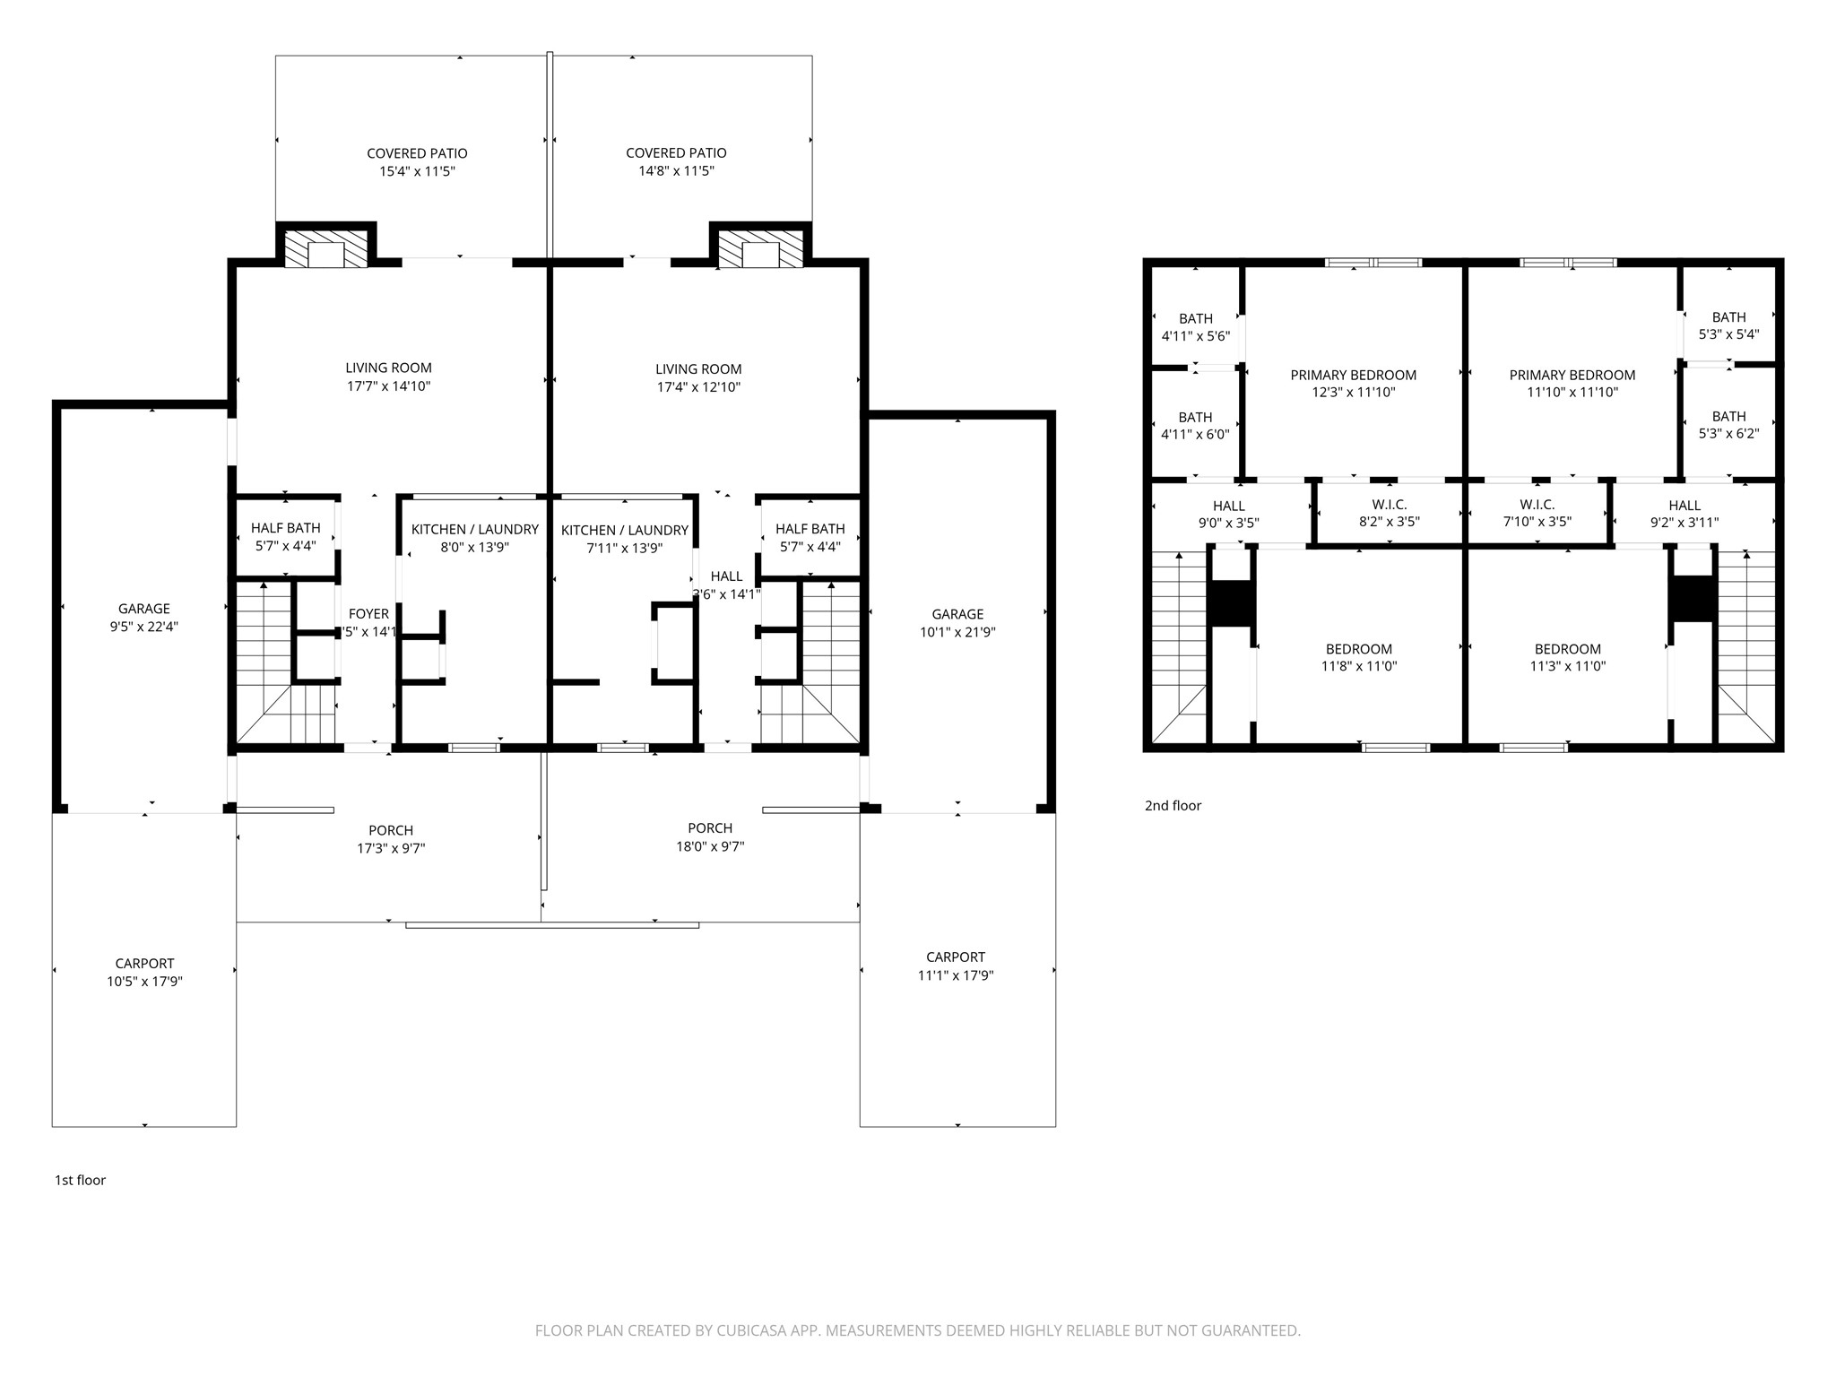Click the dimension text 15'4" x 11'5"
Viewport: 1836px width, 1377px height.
pyautogui.click(x=417, y=171)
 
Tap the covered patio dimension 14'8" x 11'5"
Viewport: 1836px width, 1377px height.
pyautogui.click(x=676, y=171)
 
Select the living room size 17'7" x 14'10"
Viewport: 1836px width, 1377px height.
pyautogui.click(x=388, y=386)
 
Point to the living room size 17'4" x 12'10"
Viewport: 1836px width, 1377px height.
pyautogui.click(x=698, y=387)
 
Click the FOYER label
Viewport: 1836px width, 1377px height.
pyautogui.click(x=368, y=614)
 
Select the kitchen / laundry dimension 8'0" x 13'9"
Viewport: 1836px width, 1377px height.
pyautogui.click(x=475, y=548)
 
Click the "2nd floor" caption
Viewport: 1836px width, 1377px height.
pyautogui.click(x=1173, y=805)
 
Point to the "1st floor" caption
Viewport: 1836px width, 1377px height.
pyautogui.click(x=80, y=1180)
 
